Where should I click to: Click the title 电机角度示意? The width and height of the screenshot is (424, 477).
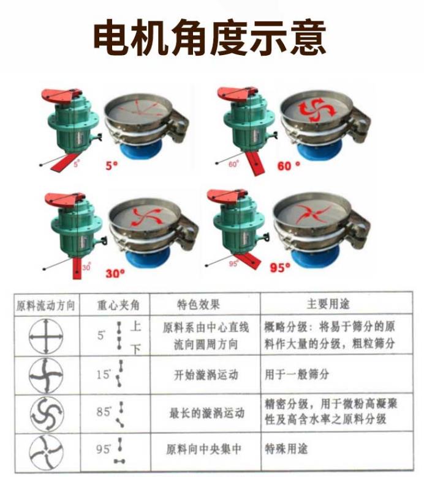coord(210,38)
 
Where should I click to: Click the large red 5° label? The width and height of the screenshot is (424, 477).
coord(111,166)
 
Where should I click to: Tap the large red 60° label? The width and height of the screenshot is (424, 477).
coord(289,165)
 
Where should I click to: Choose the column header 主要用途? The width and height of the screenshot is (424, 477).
coord(328,304)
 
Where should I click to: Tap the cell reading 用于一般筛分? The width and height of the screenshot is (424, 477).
coord(297,374)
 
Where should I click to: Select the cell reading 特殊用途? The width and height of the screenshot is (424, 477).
coord(286,449)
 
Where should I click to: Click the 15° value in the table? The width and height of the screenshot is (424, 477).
coord(103,374)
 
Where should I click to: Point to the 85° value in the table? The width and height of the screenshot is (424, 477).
coord(103,412)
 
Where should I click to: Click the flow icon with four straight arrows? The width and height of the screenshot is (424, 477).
coord(46,336)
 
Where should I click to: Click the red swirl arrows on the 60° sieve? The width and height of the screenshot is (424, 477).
coord(316,109)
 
